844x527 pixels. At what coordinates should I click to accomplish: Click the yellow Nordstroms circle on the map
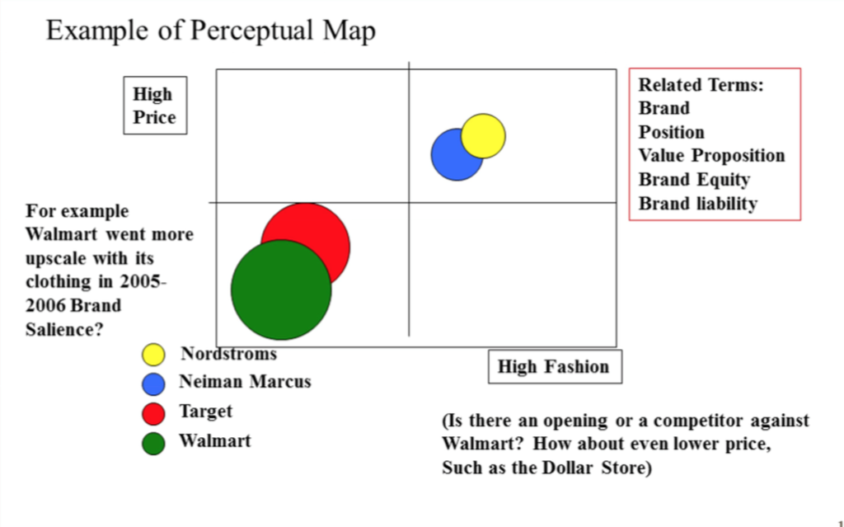coord(483,136)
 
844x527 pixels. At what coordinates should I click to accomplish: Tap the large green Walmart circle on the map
coord(281,290)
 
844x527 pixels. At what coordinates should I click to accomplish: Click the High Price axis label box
coord(155,105)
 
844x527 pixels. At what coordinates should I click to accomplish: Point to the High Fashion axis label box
coord(555,367)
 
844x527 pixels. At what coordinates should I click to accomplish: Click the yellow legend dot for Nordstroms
coord(153,355)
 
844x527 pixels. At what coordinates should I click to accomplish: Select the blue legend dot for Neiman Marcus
coord(153,384)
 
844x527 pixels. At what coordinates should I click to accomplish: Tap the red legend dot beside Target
coord(153,414)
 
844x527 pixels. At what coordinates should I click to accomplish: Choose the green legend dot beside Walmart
coord(153,444)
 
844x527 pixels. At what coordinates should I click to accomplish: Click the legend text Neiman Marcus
coord(245,382)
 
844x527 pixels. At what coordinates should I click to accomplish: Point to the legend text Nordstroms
coord(229,354)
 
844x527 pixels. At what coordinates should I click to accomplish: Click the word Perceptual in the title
coord(251,31)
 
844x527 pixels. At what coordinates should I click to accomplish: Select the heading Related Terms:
coord(701,85)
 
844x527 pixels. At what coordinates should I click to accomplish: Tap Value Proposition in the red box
coord(711,156)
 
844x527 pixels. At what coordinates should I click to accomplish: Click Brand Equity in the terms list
coord(694,180)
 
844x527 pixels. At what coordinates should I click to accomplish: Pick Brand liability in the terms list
coord(698,204)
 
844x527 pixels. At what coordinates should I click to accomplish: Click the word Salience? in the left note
coord(64,329)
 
